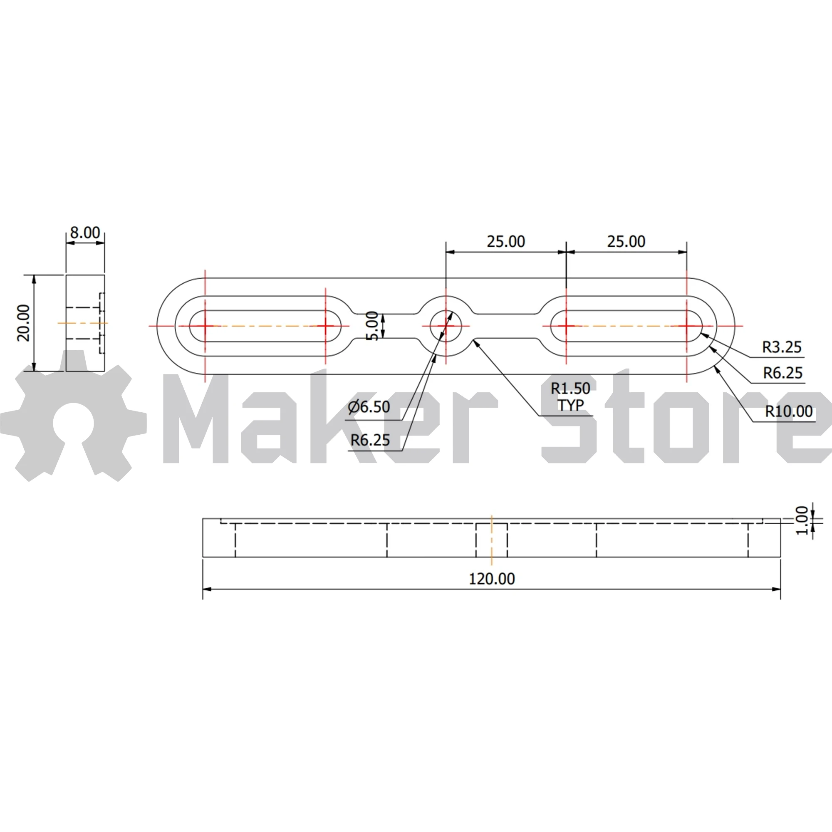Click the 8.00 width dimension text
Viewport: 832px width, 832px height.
(x=85, y=233)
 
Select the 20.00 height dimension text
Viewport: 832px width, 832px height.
(x=24, y=323)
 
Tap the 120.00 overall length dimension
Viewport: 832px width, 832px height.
(x=492, y=579)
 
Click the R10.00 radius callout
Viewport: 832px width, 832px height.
(x=789, y=411)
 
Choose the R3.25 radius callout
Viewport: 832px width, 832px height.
(x=782, y=347)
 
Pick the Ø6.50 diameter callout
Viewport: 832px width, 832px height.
(x=369, y=406)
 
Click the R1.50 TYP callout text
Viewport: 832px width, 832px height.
(x=571, y=396)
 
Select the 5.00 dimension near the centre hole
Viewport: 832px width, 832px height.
(x=372, y=326)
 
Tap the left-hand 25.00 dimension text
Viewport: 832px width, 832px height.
(x=506, y=242)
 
